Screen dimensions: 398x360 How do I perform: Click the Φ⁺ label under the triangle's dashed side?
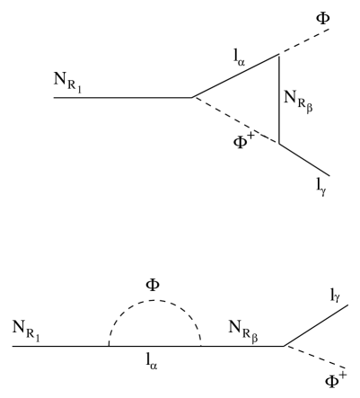coord(247,138)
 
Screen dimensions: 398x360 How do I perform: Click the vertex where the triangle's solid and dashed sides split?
coord(193,97)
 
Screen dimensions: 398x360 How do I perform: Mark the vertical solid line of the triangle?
coord(279,99)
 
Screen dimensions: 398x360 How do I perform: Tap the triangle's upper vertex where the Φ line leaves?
coord(279,54)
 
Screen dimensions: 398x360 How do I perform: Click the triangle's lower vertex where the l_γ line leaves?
coord(279,144)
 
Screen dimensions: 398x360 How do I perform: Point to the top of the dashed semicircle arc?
coord(154,301)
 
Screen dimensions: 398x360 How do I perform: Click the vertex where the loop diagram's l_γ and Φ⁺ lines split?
coord(284,346)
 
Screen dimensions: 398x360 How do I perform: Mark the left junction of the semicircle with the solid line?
coord(108,346)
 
